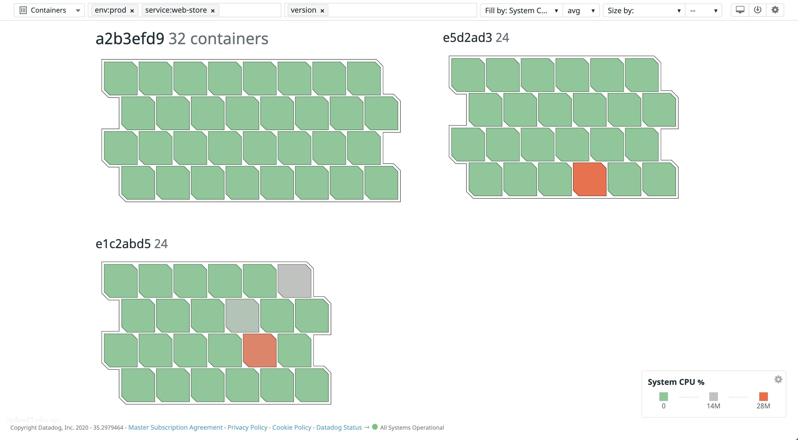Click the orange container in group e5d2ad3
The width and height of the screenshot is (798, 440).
click(x=590, y=180)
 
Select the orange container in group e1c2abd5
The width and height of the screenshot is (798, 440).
click(x=259, y=350)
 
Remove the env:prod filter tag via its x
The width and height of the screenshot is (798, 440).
click(x=132, y=11)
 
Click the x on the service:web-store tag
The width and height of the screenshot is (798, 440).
click(x=213, y=11)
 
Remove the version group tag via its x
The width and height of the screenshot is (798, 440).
click(x=322, y=11)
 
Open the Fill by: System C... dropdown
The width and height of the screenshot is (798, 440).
click(x=521, y=11)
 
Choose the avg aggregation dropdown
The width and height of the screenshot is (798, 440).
click(x=581, y=11)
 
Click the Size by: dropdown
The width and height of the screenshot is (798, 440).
click(x=644, y=11)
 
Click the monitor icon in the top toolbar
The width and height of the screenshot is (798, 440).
click(x=740, y=10)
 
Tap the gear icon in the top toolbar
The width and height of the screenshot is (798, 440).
click(x=775, y=10)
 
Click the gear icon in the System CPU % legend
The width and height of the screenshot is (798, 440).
click(x=778, y=380)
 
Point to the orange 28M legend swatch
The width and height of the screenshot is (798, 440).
click(x=763, y=397)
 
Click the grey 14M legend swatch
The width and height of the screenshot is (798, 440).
click(x=713, y=397)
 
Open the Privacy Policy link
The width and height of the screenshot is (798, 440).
click(x=247, y=428)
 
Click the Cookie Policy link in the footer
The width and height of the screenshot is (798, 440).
click(x=292, y=428)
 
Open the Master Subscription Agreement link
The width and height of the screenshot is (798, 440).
click(x=175, y=428)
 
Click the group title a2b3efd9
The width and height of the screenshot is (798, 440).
click(x=130, y=39)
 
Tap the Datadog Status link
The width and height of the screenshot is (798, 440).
click(x=339, y=428)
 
